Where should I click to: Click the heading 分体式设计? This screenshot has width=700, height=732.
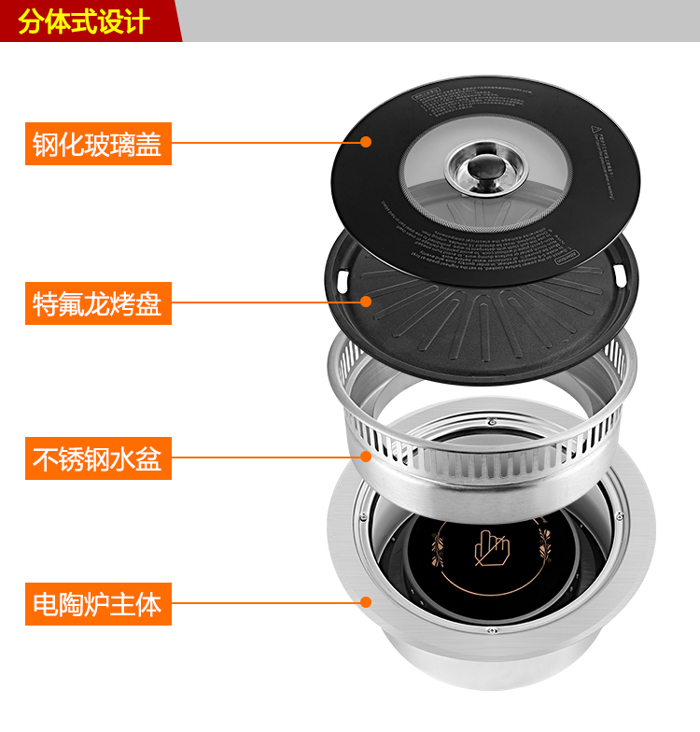(84, 21)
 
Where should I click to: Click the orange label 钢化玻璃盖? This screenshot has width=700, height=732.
(98, 144)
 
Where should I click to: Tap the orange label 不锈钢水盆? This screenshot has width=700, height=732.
(98, 459)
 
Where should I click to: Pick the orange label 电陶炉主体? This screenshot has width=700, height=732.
(98, 604)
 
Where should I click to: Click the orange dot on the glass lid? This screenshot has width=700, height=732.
(366, 143)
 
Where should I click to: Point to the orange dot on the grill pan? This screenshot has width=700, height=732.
(366, 302)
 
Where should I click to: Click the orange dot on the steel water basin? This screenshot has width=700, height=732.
(367, 457)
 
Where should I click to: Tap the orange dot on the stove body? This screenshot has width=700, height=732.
(366, 603)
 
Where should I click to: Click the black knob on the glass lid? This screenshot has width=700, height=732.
(486, 167)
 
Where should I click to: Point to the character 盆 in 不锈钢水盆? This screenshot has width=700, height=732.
(149, 459)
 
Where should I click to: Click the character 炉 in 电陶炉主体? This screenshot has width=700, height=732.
(98, 604)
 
